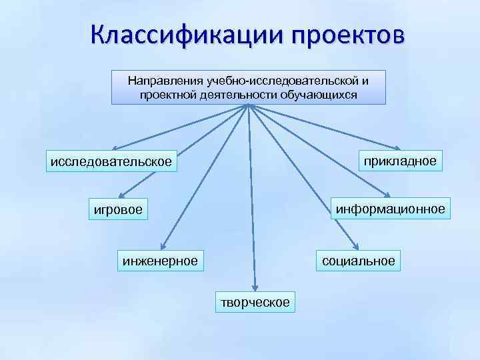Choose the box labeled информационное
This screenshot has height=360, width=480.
[391, 209]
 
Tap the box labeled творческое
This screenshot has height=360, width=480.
[255, 302]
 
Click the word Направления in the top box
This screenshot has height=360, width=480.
[166, 81]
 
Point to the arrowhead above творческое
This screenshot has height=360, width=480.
[253, 285]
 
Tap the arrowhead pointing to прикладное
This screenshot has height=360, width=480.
[397, 148]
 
